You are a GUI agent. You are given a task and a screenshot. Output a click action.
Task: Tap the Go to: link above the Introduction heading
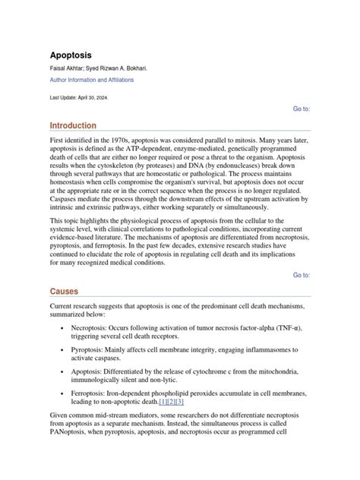point(301,109)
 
